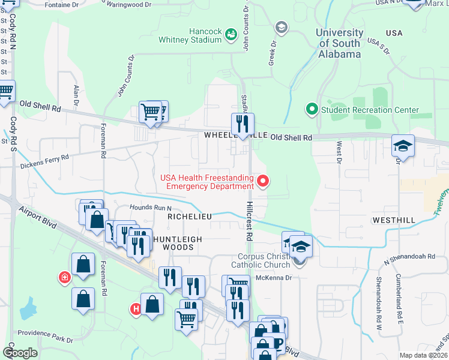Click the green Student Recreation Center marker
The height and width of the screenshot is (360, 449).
tap(312, 110)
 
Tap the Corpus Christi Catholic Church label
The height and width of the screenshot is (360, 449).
tap(264, 261)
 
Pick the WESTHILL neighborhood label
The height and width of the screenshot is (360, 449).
tap(393, 220)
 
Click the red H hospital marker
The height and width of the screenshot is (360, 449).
tap(136, 308)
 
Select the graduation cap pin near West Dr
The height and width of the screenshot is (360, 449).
tap(403, 146)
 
